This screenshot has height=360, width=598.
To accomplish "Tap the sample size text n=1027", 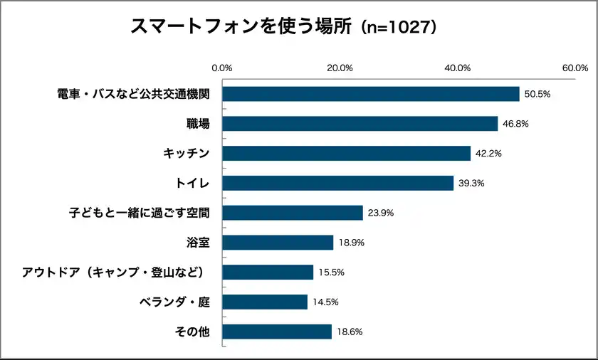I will click(398, 27).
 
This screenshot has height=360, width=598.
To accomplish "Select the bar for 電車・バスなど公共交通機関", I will click(371, 94).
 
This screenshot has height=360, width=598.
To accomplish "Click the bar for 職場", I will click(360, 124).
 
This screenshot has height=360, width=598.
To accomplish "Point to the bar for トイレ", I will click(338, 184).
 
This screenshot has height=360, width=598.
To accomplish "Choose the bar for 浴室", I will click(278, 243).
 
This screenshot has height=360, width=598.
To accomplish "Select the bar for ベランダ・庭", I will click(266, 302).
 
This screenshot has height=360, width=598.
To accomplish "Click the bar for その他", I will click(278, 332).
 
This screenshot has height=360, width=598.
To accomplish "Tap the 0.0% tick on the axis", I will click(222, 68).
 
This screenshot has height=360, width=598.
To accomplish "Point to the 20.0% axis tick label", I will click(340, 68).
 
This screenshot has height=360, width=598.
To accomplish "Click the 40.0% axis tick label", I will click(457, 68).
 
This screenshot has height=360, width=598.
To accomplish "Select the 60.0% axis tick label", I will click(575, 68).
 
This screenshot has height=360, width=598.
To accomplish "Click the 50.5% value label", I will click(537, 94).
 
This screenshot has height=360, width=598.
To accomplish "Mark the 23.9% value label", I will click(379, 213).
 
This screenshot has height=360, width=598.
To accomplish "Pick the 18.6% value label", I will click(349, 332).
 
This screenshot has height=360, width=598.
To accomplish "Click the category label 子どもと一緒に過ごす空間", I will click(139, 213).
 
